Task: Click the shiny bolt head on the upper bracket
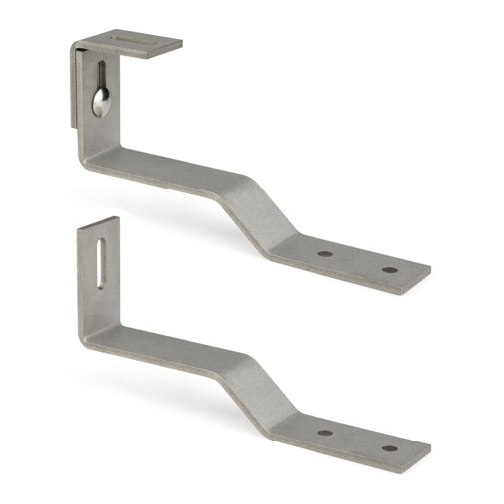tap(101, 102)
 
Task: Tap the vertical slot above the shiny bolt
tap(101, 75)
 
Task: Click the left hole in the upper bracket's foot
tap(325, 254)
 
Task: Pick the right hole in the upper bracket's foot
tap(389, 269)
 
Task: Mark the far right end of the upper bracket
tap(427, 276)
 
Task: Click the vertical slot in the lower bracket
tap(101, 260)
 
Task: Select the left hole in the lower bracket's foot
tap(325, 433)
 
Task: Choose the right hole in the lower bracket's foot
tap(389, 448)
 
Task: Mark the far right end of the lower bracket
tap(427, 454)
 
